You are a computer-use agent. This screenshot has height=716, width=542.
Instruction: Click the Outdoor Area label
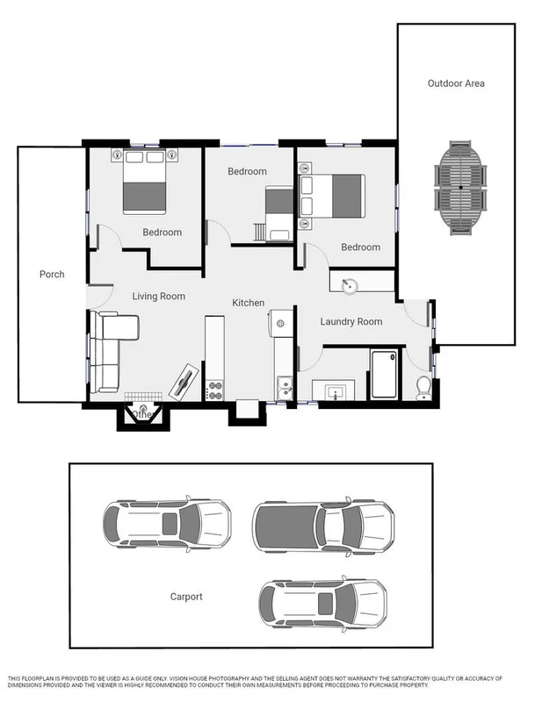pos(456,83)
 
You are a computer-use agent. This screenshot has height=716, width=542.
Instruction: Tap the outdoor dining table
pos(461,188)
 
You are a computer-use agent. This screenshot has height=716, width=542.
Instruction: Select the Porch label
pos(52,275)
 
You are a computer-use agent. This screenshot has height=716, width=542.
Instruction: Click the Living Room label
pos(159,297)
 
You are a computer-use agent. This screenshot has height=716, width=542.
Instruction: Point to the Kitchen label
pos(248,303)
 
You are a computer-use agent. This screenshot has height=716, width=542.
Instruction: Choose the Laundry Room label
pos(350,322)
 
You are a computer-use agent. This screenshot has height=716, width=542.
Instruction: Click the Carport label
pos(186,597)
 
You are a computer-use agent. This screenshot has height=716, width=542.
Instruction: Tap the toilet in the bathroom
pos(423,386)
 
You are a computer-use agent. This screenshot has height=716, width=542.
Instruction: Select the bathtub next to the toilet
pos(383,375)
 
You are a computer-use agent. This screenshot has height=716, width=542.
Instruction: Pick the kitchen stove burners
pos(213,390)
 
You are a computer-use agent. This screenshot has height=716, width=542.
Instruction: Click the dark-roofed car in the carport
pos(322,526)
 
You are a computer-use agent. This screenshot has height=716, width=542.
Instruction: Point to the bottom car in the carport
pos(322,603)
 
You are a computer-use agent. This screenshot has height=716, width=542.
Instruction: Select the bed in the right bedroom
pos(332,195)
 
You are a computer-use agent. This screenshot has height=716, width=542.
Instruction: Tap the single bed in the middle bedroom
pos(280,213)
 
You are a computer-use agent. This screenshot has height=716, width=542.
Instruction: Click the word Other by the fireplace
pos(141,414)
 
